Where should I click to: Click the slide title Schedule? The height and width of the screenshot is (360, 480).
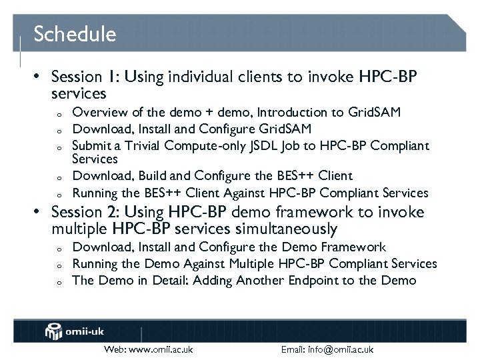[x=75, y=34]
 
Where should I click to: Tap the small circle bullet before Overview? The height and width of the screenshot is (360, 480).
[x=59, y=113]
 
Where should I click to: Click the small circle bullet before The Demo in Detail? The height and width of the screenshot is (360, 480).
[x=59, y=282]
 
